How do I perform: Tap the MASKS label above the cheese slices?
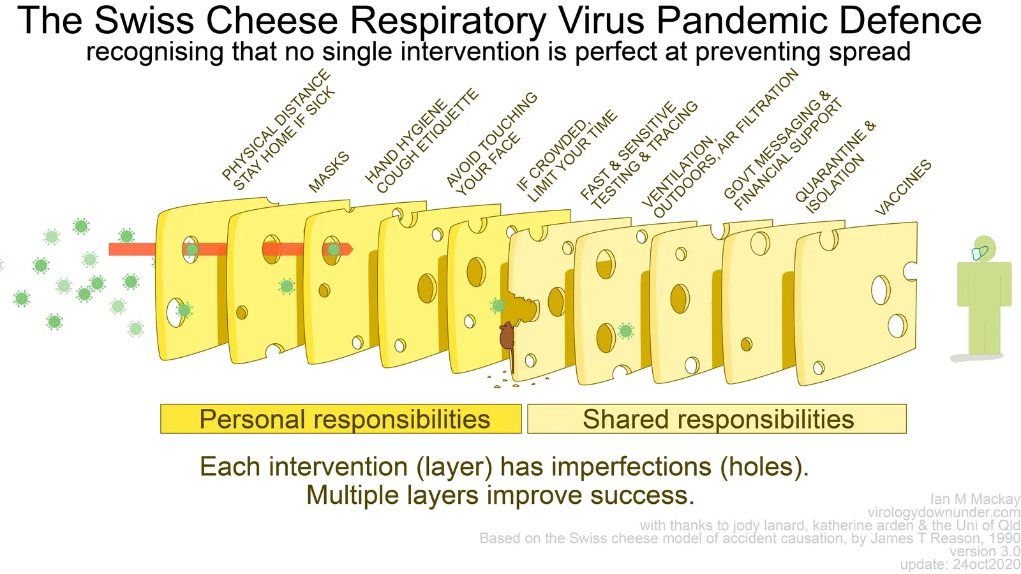(329, 172)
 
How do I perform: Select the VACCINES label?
(903, 188)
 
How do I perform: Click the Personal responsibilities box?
(341, 419)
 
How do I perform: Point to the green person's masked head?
(983, 249)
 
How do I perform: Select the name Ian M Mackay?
(974, 499)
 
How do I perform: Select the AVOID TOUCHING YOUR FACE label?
(491, 143)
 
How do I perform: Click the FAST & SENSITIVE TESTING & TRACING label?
(638, 155)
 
